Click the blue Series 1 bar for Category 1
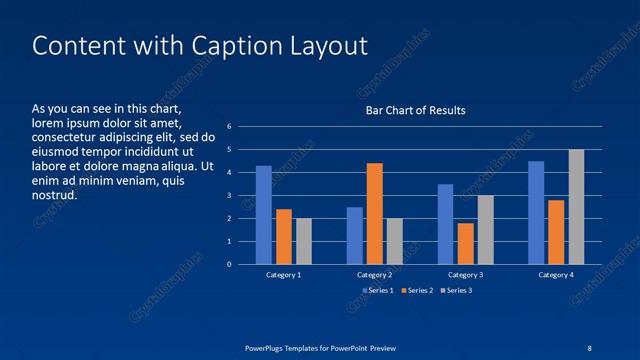point(264,215)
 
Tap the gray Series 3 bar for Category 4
point(576,207)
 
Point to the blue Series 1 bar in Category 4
point(536,213)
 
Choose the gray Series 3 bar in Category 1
point(304,241)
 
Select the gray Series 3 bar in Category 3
point(485,230)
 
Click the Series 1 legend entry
point(377,290)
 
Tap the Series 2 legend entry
point(416,290)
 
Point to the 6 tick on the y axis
point(229,127)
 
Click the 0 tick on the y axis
point(229,265)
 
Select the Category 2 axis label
point(374,274)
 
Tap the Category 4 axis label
point(556,274)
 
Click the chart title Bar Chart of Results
point(415,110)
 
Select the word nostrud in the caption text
point(55,196)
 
